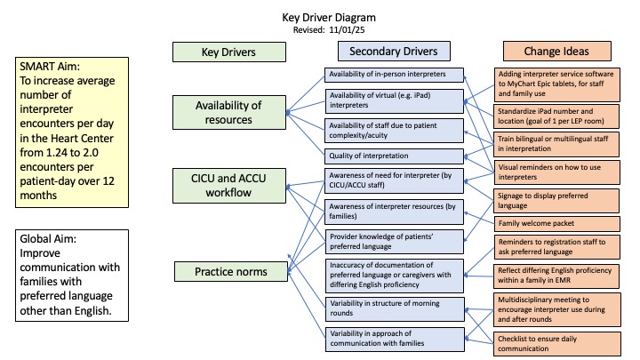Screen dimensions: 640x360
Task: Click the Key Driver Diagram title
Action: point(329,18)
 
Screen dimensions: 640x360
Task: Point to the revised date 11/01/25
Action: point(347,30)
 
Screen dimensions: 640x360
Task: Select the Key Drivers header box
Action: point(229,52)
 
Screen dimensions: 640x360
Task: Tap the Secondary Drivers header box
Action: point(394,51)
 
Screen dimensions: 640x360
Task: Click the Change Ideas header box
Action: point(556,51)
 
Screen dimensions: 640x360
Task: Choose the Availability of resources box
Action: point(229,112)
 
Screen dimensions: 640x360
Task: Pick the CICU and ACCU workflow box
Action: point(229,185)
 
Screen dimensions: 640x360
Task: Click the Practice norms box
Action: point(231,271)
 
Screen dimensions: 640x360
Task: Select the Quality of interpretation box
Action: point(394,156)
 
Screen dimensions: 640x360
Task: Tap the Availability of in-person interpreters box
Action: point(394,75)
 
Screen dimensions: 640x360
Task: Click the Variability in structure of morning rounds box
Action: point(395,309)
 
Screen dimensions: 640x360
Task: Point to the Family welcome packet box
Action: point(556,224)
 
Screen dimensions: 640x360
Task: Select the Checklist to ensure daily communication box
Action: point(557,344)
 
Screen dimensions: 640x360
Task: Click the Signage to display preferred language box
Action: point(556,200)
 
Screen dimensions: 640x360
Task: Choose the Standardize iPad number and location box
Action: point(556,116)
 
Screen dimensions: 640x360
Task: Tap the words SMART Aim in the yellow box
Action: point(50,67)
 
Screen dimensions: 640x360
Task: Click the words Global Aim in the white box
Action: point(48,239)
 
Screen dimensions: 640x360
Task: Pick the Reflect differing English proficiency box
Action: point(556,276)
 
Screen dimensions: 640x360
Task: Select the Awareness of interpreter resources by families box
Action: point(394,212)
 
